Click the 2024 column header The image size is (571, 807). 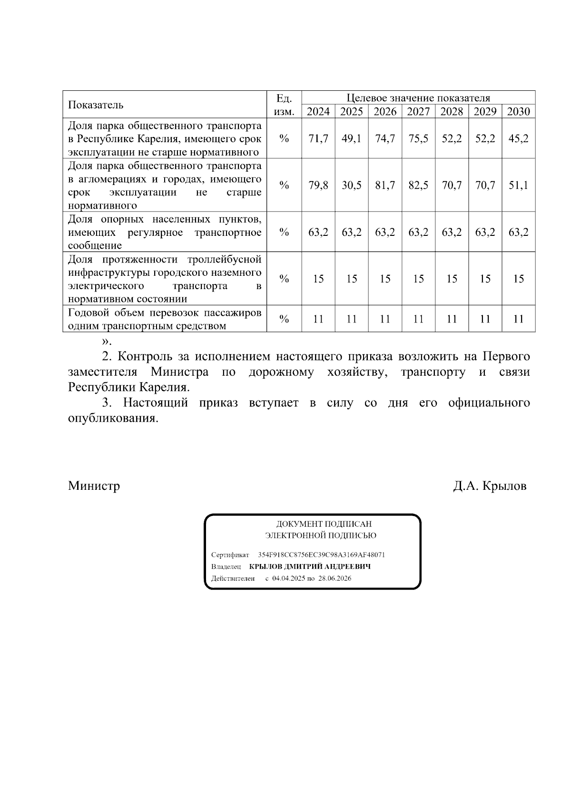pos(318,112)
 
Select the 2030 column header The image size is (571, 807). pos(518,112)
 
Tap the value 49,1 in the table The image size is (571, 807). pos(352,139)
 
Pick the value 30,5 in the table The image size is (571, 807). pos(352,185)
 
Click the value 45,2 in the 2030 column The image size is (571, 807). pos(518,139)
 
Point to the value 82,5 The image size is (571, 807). pos(418,185)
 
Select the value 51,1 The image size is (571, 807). pos(518,185)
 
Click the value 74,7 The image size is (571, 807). pos(385,139)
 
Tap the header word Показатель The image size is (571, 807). pos(96,105)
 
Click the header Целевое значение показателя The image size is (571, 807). pos(418,98)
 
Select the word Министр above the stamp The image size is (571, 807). pos(94,486)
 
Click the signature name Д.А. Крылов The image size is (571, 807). pos(490,486)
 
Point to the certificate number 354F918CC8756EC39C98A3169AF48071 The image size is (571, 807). pos(321,555)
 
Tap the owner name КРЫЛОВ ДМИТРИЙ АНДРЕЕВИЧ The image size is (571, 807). pos(310,567)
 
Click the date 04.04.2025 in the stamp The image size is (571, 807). pos(289,579)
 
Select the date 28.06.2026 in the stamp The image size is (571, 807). pos(335,579)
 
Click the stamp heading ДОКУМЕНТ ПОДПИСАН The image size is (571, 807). pos(324,524)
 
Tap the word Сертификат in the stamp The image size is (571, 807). pos(230,555)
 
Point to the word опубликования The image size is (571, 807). pos(113,419)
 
